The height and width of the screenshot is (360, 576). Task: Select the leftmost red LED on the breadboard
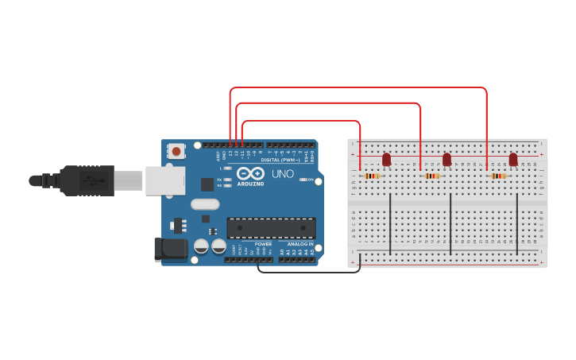click(x=387, y=160)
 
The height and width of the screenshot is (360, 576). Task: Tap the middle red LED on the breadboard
click(x=446, y=160)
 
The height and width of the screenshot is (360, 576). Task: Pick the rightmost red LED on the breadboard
click(x=513, y=160)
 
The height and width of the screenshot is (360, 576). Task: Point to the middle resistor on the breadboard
click(x=432, y=176)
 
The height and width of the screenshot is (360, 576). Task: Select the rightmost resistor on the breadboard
click(x=499, y=176)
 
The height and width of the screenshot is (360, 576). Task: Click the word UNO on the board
click(x=283, y=174)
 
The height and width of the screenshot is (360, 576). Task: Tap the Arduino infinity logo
click(x=250, y=174)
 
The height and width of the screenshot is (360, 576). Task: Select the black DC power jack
click(x=170, y=249)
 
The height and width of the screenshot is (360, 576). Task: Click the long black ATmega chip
click(x=271, y=228)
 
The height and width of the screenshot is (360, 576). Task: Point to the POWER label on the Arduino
click(x=263, y=244)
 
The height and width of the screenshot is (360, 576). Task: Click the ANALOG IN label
click(x=300, y=244)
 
